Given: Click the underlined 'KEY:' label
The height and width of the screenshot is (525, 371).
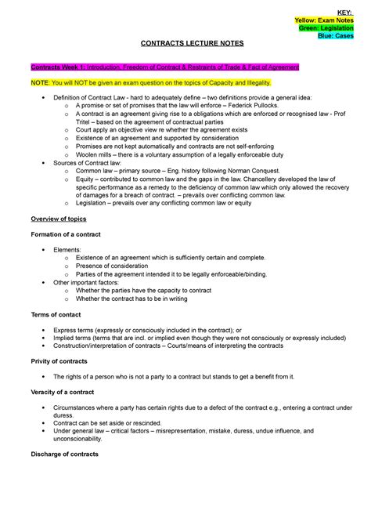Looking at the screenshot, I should point(344,9).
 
